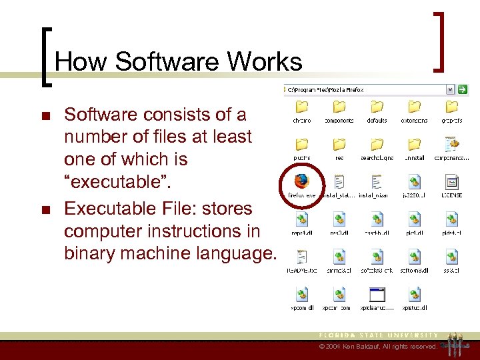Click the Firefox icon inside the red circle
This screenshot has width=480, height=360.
(301, 181)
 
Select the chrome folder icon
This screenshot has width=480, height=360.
(301, 107)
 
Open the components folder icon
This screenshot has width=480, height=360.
(339, 107)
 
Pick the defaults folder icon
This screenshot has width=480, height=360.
(377, 107)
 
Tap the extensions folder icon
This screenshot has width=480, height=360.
(414, 107)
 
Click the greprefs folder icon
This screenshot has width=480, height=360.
(451, 107)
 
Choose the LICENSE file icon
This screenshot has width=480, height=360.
(451, 181)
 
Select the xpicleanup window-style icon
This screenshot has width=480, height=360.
(377, 294)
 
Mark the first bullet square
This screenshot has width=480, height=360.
(46, 116)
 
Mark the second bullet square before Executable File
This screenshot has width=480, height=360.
(46, 210)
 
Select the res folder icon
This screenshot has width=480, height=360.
(339, 144)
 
